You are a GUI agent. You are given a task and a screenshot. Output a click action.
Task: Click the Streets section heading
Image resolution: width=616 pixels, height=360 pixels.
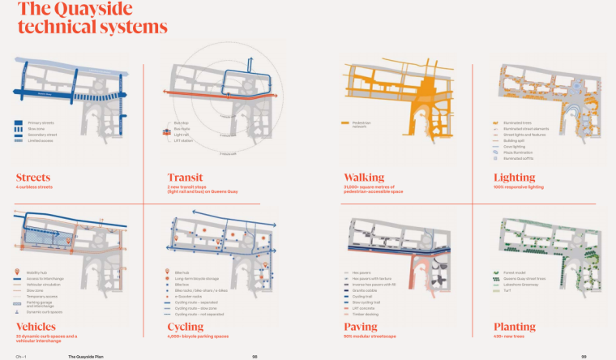tap(33, 177)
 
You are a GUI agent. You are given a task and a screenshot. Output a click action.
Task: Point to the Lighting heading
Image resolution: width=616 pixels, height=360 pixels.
tap(514, 177)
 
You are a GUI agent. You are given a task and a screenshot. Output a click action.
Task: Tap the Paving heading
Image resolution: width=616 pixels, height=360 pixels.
tap(361, 327)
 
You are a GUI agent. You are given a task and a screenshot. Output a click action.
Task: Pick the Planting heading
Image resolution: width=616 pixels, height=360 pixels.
tap(515, 327)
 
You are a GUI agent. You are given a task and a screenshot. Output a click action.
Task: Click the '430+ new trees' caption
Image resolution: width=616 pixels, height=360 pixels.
tap(509, 336)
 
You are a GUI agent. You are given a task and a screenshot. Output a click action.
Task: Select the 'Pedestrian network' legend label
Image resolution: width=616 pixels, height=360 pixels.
tap(361, 126)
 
